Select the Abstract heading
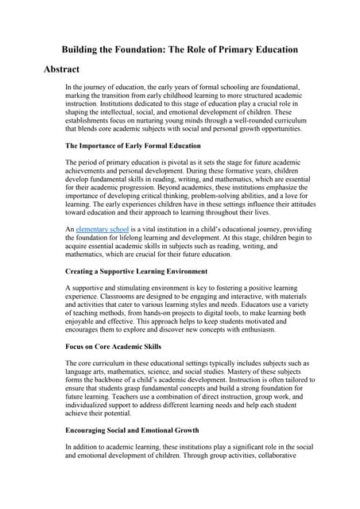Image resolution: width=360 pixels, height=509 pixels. (x=68, y=70)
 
